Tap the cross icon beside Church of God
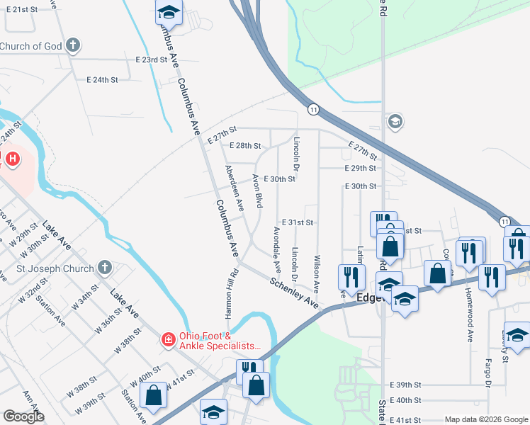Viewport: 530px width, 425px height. click(x=72, y=47)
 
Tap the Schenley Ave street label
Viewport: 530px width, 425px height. click(x=293, y=291)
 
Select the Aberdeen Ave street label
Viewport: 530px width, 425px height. click(x=234, y=188)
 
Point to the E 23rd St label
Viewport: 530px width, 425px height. click(x=151, y=60)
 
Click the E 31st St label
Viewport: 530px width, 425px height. click(x=298, y=222)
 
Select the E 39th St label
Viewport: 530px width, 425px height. click(x=406, y=385)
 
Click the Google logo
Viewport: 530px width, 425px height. click(x=23, y=416)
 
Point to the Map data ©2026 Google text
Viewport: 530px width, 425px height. click(x=486, y=419)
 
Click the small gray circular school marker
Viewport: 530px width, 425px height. click(x=395, y=122)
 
